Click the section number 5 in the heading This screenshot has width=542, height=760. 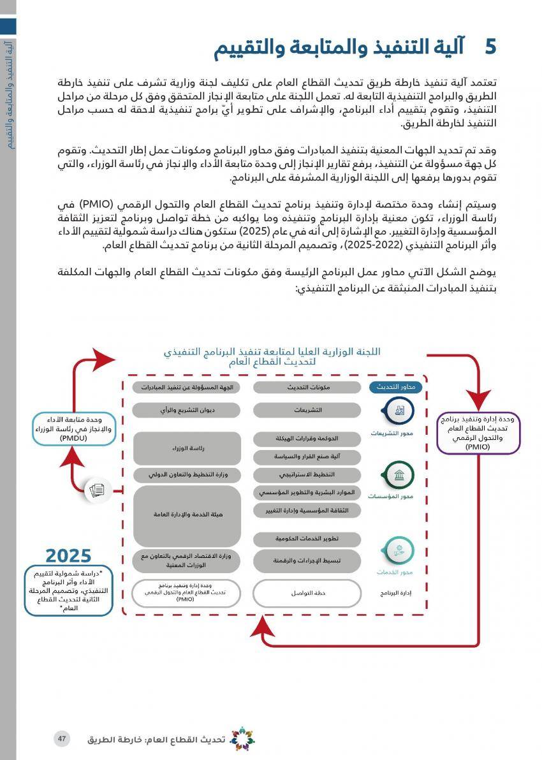[490, 47]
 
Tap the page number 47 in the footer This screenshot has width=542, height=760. [62, 738]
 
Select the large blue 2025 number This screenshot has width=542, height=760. [68, 556]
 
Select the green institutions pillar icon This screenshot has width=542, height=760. [398, 475]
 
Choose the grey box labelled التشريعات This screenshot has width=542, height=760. [308, 410]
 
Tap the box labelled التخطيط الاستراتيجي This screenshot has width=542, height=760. [308, 475]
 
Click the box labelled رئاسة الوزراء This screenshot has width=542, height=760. [187, 449]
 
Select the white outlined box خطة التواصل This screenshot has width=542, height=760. [308, 593]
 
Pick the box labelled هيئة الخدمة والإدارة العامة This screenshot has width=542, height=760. [187, 515]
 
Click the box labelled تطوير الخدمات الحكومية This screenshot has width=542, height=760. [308, 539]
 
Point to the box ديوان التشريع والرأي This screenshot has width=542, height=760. [187, 410]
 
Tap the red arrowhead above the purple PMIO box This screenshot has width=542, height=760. [478, 401]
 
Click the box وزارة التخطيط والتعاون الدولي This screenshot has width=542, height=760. [187, 475]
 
